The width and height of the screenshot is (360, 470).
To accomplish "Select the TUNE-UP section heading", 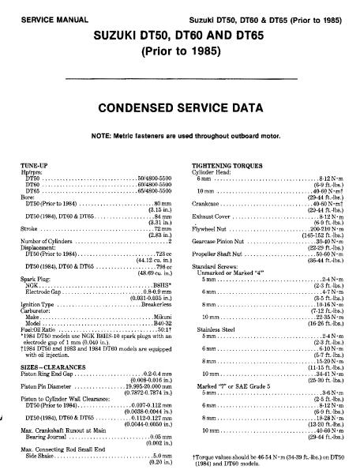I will (x=32, y=165).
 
